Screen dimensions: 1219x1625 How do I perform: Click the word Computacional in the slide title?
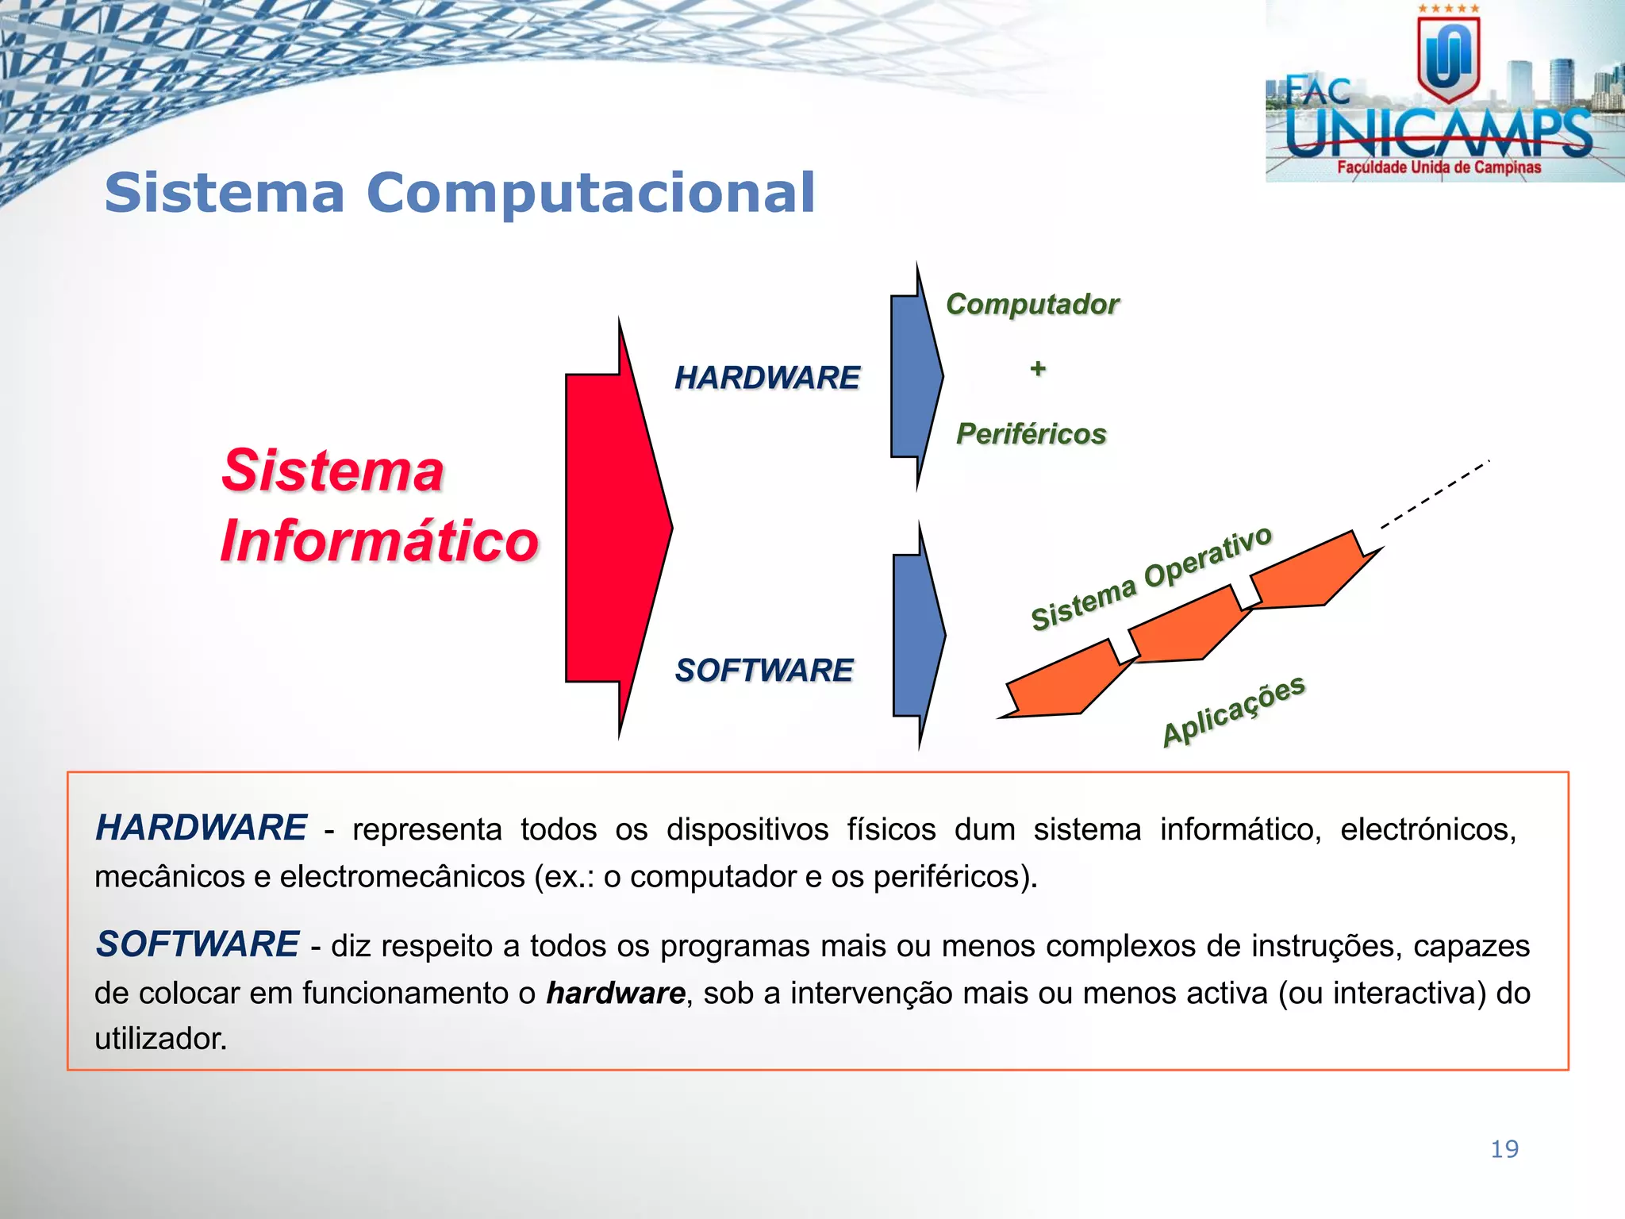click(x=591, y=193)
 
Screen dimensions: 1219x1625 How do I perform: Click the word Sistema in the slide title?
click(x=225, y=193)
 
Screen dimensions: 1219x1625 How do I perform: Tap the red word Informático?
click(x=379, y=540)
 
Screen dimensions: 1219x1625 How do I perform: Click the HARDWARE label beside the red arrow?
click(x=766, y=378)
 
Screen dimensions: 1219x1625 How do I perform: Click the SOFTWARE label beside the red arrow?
click(x=764, y=671)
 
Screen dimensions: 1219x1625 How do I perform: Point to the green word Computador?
click(x=1032, y=304)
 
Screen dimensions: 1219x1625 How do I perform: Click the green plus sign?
click(x=1038, y=368)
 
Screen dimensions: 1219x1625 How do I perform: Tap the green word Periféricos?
click(x=1031, y=434)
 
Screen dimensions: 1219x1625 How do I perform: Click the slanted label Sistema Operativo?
click(x=1151, y=579)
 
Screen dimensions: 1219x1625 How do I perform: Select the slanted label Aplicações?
click(x=1234, y=710)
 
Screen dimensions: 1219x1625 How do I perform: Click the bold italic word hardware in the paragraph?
click(x=616, y=993)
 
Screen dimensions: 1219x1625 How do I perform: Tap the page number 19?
click(x=1504, y=1149)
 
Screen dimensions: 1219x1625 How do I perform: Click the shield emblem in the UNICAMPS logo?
click(x=1449, y=60)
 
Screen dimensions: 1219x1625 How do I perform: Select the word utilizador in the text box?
click(x=160, y=1039)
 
